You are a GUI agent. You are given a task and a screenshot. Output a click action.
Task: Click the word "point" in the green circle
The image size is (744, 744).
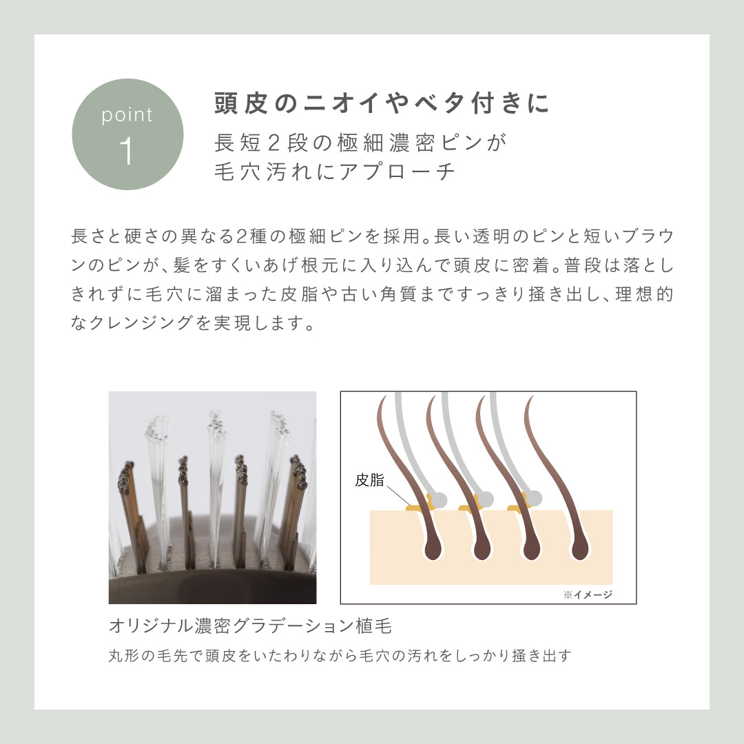pos(127,115)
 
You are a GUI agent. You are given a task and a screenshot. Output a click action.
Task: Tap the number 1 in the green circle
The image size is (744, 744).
pos(126,151)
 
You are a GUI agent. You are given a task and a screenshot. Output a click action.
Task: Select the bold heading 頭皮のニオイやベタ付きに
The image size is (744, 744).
pos(382,103)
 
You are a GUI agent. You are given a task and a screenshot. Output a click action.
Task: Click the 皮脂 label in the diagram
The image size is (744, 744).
pos(369,479)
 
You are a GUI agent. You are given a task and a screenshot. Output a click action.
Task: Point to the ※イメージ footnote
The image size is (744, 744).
pos(588,595)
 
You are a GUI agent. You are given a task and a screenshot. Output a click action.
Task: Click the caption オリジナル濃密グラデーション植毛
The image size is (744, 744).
pos(250,626)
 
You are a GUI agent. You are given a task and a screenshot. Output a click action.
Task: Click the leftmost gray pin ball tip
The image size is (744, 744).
pos(438,499)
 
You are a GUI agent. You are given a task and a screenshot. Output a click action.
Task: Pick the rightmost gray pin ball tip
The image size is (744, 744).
pos(535,498)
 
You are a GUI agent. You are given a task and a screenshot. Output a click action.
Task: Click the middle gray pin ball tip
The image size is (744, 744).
pos(485,499)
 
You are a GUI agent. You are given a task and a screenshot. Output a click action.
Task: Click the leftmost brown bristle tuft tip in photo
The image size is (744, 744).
pos(126,475)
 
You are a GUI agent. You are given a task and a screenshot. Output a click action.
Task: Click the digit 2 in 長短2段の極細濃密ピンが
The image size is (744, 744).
pos(273,143)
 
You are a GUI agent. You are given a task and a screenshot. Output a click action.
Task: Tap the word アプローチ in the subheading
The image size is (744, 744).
pos(397,172)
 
